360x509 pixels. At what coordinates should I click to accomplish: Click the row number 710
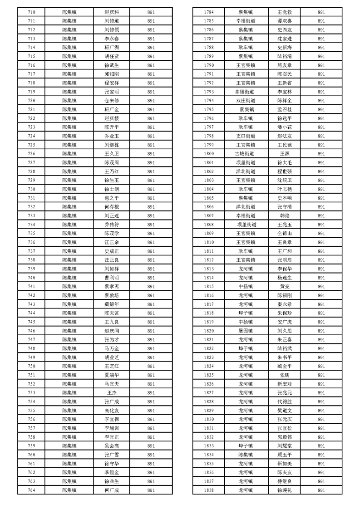[32, 12]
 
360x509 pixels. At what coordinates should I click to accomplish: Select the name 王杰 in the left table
[112, 392]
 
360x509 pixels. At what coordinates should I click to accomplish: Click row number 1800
[209, 153]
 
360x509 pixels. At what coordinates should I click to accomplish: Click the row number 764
[32, 490]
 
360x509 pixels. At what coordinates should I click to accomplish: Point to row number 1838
[209, 490]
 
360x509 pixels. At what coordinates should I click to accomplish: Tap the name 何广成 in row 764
[112, 490]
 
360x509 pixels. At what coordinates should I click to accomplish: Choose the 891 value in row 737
[151, 251]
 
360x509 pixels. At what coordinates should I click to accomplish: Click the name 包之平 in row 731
[112, 198]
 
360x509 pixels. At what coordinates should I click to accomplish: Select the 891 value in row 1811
[321, 251]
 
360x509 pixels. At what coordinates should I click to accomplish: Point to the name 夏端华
[112, 375]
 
